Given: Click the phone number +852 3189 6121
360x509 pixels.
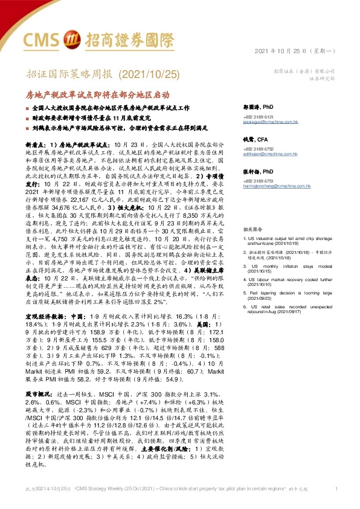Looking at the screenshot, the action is pyautogui.click(x=259, y=116).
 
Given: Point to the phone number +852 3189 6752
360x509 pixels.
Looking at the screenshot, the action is pyautogui.click(x=259, y=149).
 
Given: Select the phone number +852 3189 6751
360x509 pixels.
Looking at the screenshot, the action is pyautogui.click(x=259, y=181).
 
